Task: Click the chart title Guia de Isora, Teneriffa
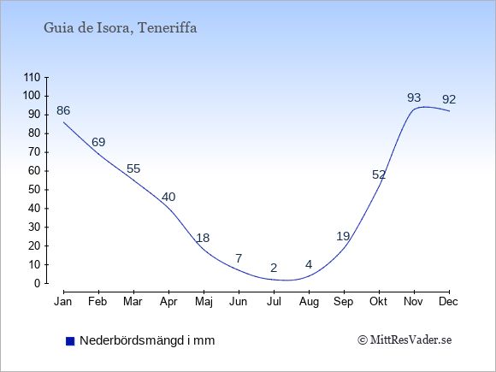pyautogui.click(x=121, y=28)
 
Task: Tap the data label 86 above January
pyautogui.click(x=63, y=110)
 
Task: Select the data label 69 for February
pyautogui.click(x=98, y=142)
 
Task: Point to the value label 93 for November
pyautogui.click(x=414, y=97)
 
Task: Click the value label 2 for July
pyautogui.click(x=274, y=268)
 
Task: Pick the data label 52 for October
pyautogui.click(x=379, y=174)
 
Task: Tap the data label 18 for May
pyautogui.click(x=203, y=238)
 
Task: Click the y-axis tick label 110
pyautogui.click(x=32, y=77)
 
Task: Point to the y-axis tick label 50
pyautogui.click(x=34, y=190)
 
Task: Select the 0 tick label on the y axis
pyautogui.click(x=38, y=283)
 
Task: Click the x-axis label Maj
pyautogui.click(x=204, y=302)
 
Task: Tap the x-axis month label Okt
pyautogui.click(x=378, y=302)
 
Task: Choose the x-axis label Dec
pyautogui.click(x=449, y=302)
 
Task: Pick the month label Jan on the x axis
pyautogui.click(x=63, y=302)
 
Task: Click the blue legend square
pyautogui.click(x=70, y=341)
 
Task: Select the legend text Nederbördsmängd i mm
pyautogui.click(x=147, y=340)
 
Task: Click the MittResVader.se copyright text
pyautogui.click(x=404, y=340)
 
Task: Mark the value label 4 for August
pyautogui.click(x=309, y=264)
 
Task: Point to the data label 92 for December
pyautogui.click(x=449, y=100)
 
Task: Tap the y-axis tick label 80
pyautogui.click(x=34, y=133)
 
